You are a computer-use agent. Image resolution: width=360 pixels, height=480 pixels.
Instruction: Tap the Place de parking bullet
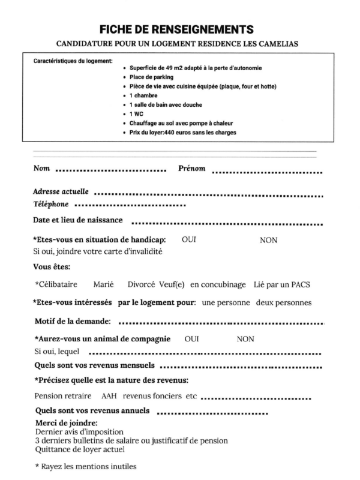click(x=152, y=77)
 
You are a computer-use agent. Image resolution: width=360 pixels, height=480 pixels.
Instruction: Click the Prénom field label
click(x=192, y=168)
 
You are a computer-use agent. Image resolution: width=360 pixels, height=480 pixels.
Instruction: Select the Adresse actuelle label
click(x=61, y=191)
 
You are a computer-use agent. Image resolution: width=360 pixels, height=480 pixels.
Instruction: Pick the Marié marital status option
click(x=104, y=284)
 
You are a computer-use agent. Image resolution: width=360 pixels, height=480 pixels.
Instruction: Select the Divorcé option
click(x=142, y=284)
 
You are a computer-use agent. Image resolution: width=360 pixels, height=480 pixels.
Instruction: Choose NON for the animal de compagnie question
click(x=245, y=339)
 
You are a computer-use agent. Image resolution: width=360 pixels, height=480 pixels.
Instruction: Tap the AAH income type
click(x=109, y=397)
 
